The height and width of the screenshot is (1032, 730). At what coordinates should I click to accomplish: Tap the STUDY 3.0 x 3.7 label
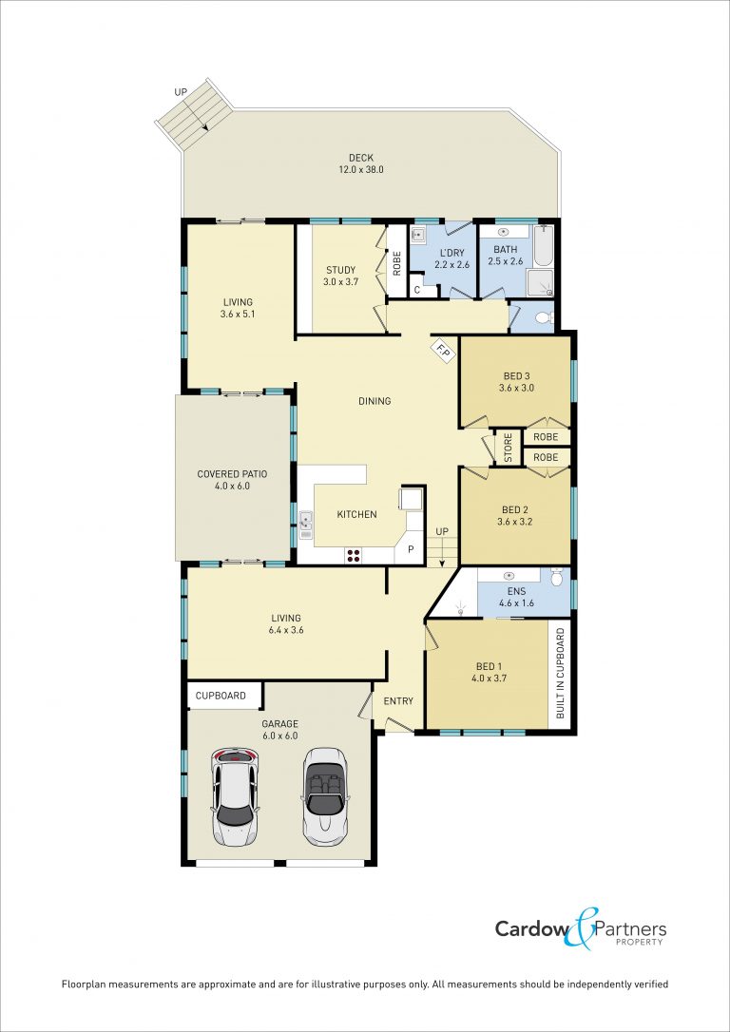click(341, 276)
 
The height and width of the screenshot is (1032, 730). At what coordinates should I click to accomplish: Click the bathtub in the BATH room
click(543, 249)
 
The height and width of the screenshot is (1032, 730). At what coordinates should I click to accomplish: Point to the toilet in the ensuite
click(557, 577)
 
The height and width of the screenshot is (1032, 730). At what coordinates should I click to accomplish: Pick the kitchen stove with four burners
click(354, 555)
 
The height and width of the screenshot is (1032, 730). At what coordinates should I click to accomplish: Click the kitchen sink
click(306, 526)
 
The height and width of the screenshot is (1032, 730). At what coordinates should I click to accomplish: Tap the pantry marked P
click(410, 549)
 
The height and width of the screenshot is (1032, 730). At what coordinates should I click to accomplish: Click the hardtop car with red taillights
click(235, 797)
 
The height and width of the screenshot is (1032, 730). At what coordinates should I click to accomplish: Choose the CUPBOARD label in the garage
click(221, 696)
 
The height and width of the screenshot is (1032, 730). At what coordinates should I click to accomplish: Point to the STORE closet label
click(508, 448)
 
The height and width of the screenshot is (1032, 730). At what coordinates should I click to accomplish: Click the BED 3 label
click(517, 375)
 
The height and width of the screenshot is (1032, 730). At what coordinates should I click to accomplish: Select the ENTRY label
click(399, 701)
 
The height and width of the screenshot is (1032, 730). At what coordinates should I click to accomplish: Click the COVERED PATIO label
click(233, 474)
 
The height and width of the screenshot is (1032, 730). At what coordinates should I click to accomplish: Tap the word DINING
click(375, 401)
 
